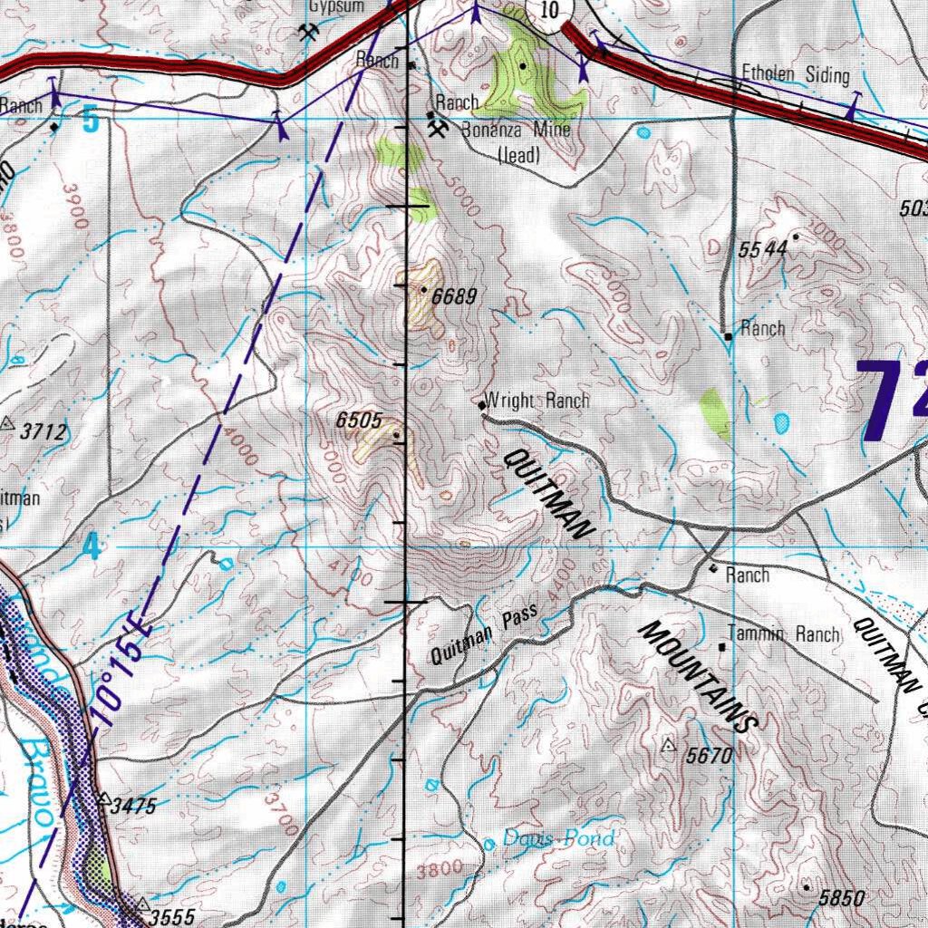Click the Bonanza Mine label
(517, 130)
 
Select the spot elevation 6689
(453, 295)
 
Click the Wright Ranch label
(537, 401)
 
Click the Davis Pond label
(558, 838)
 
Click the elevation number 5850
(842, 898)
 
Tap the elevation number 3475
(134, 806)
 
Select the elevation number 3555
(171, 916)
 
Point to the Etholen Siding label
(795, 74)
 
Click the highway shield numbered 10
(547, 11)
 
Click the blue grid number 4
(91, 547)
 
